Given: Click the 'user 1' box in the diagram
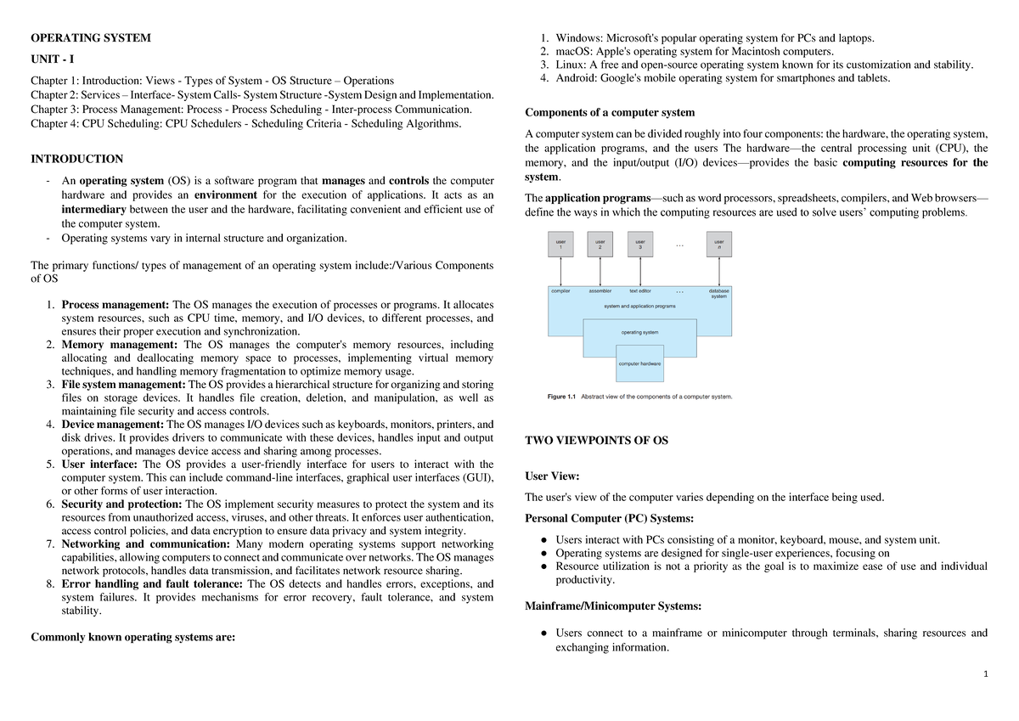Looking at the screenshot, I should pyautogui.click(x=560, y=245).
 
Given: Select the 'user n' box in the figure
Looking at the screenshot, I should pyautogui.click(x=718, y=245).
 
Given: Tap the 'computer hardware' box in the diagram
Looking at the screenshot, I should pyautogui.click(x=639, y=363).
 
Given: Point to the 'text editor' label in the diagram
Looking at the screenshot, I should pyautogui.click(x=639, y=291).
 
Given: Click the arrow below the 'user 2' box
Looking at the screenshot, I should pyautogui.click(x=600, y=272).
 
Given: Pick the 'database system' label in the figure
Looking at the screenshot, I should pyautogui.click(x=718, y=294).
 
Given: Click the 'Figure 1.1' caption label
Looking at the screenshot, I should pyautogui.click(x=560, y=397).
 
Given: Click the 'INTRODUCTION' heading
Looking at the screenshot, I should pyautogui.click(x=76, y=159).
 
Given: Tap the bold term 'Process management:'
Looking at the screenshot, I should pyautogui.click(x=115, y=305).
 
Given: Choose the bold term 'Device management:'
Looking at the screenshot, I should pyautogui.click(x=113, y=425).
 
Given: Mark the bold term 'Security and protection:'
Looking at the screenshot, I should pyautogui.click(x=121, y=504).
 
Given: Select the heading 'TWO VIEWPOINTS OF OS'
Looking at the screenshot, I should pyautogui.click(x=597, y=440).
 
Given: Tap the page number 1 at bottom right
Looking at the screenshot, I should pyautogui.click(x=985, y=674).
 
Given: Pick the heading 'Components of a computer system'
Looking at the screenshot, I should pyautogui.click(x=610, y=112).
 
